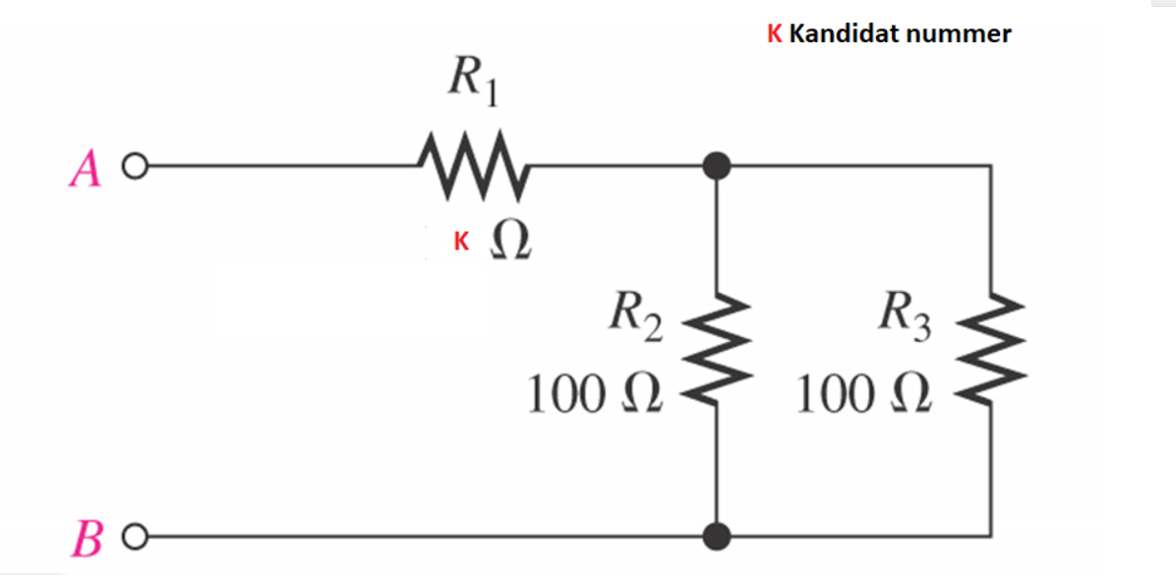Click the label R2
632,317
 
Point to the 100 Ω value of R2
594,395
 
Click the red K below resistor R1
459,241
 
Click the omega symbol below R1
510,241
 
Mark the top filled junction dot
718,166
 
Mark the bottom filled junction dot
719,537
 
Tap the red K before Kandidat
775,34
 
